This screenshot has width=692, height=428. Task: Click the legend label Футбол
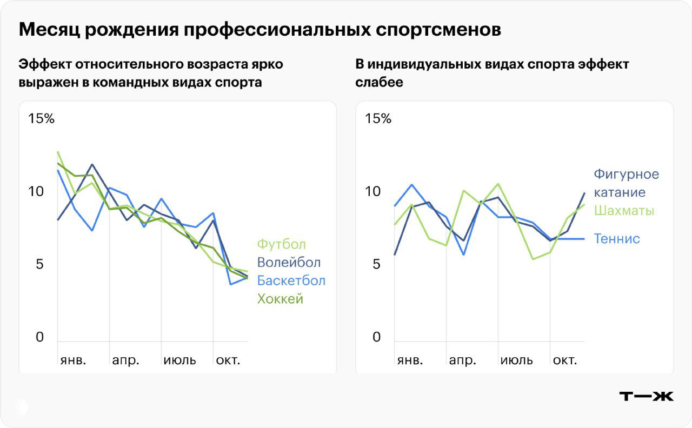point(281,245)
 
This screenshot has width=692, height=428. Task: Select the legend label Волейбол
point(289,263)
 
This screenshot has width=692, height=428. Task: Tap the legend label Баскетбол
point(291,281)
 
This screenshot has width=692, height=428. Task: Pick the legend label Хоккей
point(280,299)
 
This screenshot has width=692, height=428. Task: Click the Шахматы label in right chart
point(624,210)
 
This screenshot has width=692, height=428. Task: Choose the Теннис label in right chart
point(617,239)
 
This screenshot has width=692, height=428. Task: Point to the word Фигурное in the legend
point(626,174)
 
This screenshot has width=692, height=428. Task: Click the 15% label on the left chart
point(41,118)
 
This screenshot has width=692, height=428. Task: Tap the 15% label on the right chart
point(378,118)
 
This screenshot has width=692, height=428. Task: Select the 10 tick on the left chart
point(35,192)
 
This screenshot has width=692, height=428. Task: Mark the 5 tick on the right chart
point(376,264)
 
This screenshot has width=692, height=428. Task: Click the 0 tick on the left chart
point(39,337)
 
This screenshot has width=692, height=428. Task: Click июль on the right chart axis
point(516,360)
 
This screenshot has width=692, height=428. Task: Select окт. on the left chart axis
point(228,360)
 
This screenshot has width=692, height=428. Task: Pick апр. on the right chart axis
point(462,360)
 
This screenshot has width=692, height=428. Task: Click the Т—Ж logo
point(646,396)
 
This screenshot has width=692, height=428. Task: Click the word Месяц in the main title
point(49,30)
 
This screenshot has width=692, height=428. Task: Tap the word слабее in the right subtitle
point(379,82)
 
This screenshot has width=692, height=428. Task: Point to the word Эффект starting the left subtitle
point(44,64)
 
